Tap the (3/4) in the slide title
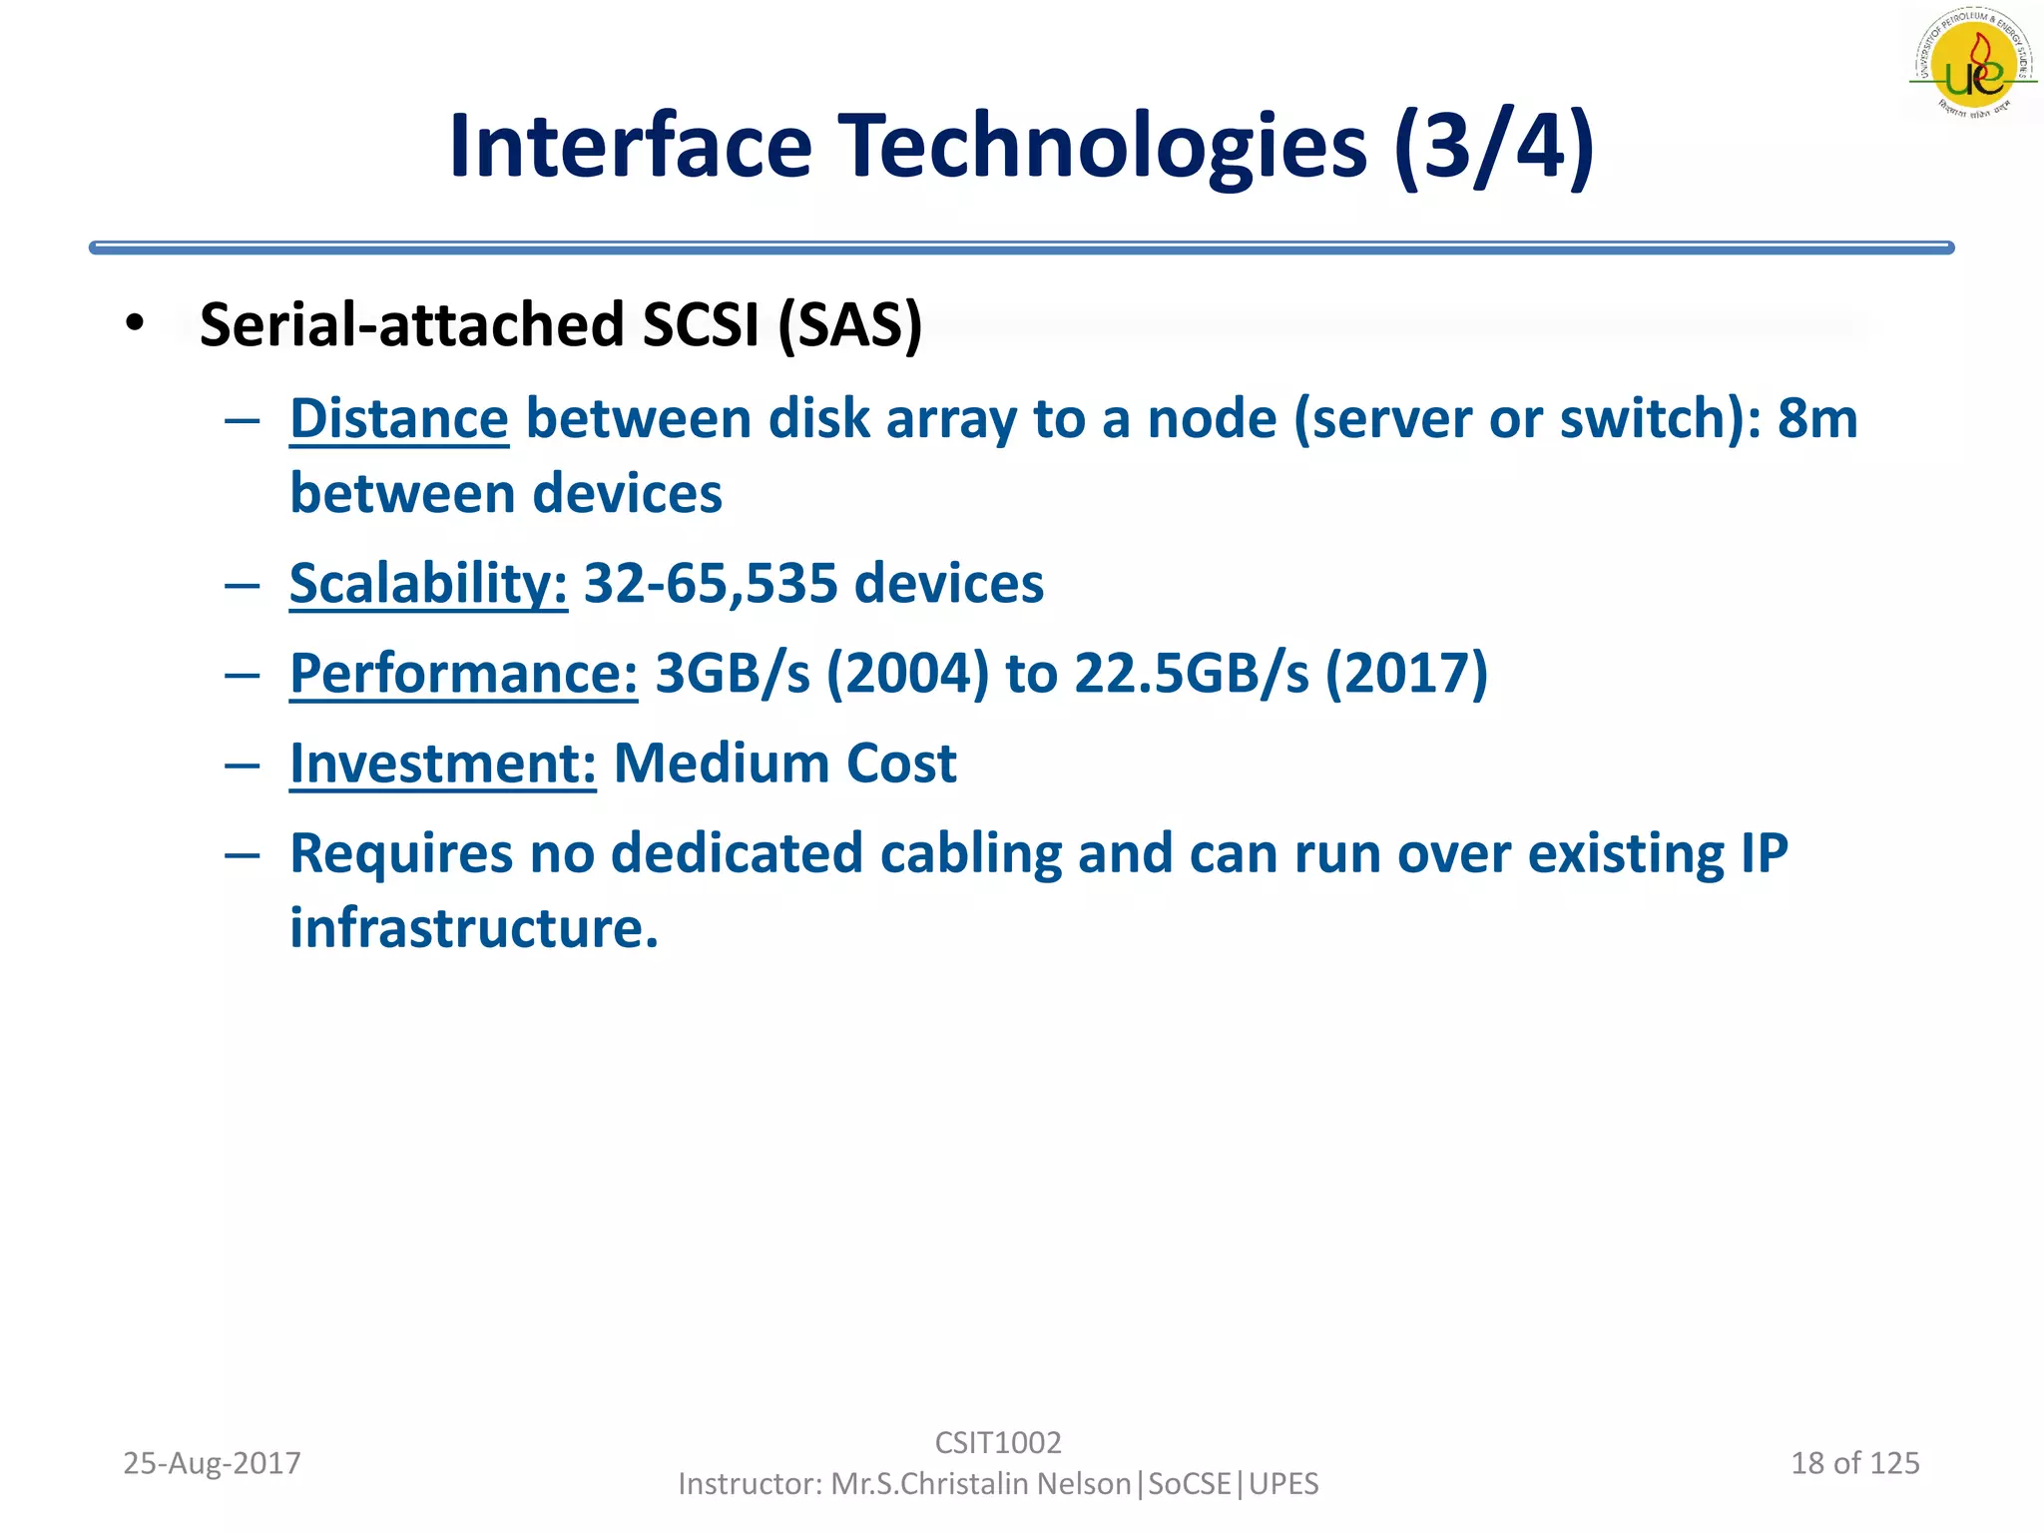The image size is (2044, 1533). pos(1494,147)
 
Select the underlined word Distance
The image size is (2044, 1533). pos(399,418)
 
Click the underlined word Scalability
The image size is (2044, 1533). pos(428,583)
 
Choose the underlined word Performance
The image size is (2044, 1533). pos(463,673)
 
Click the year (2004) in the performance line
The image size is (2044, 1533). pos(907,673)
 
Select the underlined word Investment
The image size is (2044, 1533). pos(443,764)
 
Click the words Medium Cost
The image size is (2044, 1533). pos(784,764)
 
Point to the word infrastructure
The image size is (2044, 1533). pos(473,928)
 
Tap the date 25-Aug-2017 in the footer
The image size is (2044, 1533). pos(212,1463)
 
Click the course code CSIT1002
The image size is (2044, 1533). pos(998,1442)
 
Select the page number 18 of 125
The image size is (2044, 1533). pos(1854,1463)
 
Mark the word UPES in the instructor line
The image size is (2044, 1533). pos(1283,1484)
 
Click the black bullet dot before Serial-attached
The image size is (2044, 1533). pos(136,323)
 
